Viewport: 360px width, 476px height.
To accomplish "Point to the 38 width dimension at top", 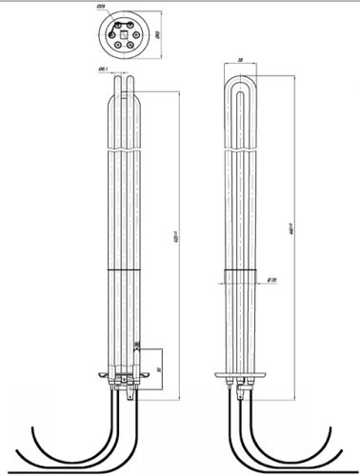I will (x=240, y=59).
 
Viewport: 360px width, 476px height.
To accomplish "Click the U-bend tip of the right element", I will (x=240, y=78).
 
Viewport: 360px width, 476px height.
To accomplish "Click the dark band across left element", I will (x=124, y=270).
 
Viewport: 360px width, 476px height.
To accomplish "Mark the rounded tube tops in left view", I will (x=124, y=82).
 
